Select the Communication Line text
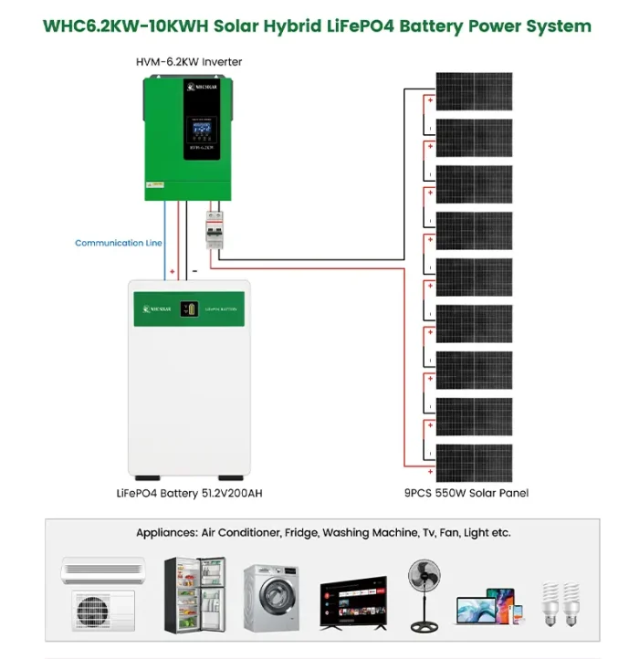[119, 243]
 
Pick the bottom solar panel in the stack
[473, 463]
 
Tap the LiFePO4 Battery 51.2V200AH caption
[189, 493]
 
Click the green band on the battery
[188, 310]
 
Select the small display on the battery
[188, 309]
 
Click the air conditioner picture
[102, 592]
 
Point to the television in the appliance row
[351, 601]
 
